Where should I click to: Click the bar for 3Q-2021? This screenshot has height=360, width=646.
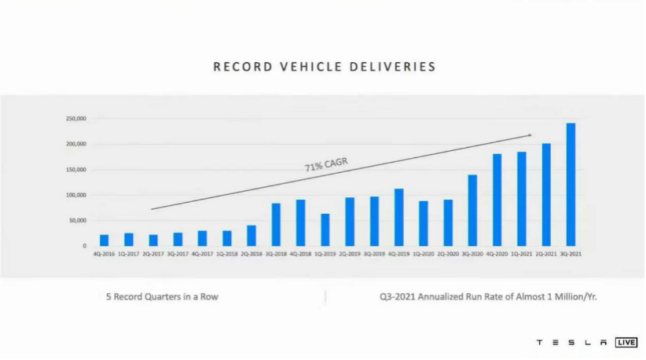[x=571, y=185]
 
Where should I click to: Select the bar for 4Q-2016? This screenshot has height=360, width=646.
[x=105, y=240]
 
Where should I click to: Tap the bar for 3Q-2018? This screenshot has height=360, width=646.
[x=276, y=225]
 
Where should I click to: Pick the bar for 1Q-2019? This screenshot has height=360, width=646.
[x=325, y=230]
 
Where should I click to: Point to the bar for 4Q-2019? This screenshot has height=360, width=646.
[x=399, y=217]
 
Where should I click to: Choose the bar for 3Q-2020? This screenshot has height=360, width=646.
[x=472, y=210]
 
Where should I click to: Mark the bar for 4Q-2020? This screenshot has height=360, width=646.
[x=497, y=200]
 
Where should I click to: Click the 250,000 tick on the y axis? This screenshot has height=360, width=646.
[x=75, y=119]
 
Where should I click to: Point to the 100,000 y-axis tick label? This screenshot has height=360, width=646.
[x=75, y=195]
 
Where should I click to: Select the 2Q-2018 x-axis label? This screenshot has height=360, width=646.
[x=251, y=254]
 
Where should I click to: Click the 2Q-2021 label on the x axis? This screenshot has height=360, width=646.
[x=546, y=254]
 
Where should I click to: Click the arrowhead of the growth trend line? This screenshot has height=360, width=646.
[x=529, y=135]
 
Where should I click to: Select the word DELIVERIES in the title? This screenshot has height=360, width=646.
[x=391, y=67]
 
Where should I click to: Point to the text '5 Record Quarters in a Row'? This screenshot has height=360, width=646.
[x=162, y=297]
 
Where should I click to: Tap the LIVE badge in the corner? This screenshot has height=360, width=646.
[x=626, y=343]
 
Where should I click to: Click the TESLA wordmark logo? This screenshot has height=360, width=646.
[x=571, y=343]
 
